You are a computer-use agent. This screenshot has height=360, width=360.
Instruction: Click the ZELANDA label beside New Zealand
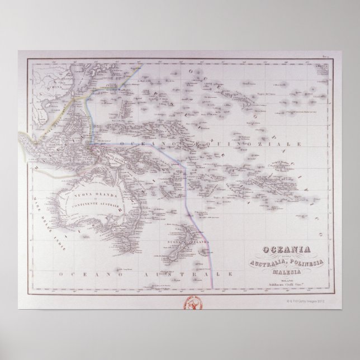[x=184, y=242]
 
